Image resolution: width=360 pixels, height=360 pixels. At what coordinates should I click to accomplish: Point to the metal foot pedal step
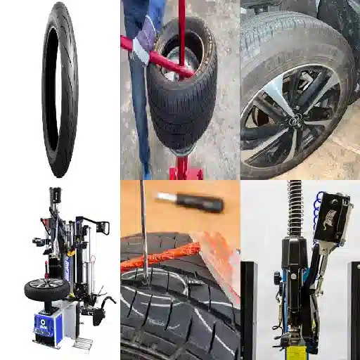(83, 345)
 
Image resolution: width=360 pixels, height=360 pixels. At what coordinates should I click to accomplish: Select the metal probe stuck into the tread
(143, 232)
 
